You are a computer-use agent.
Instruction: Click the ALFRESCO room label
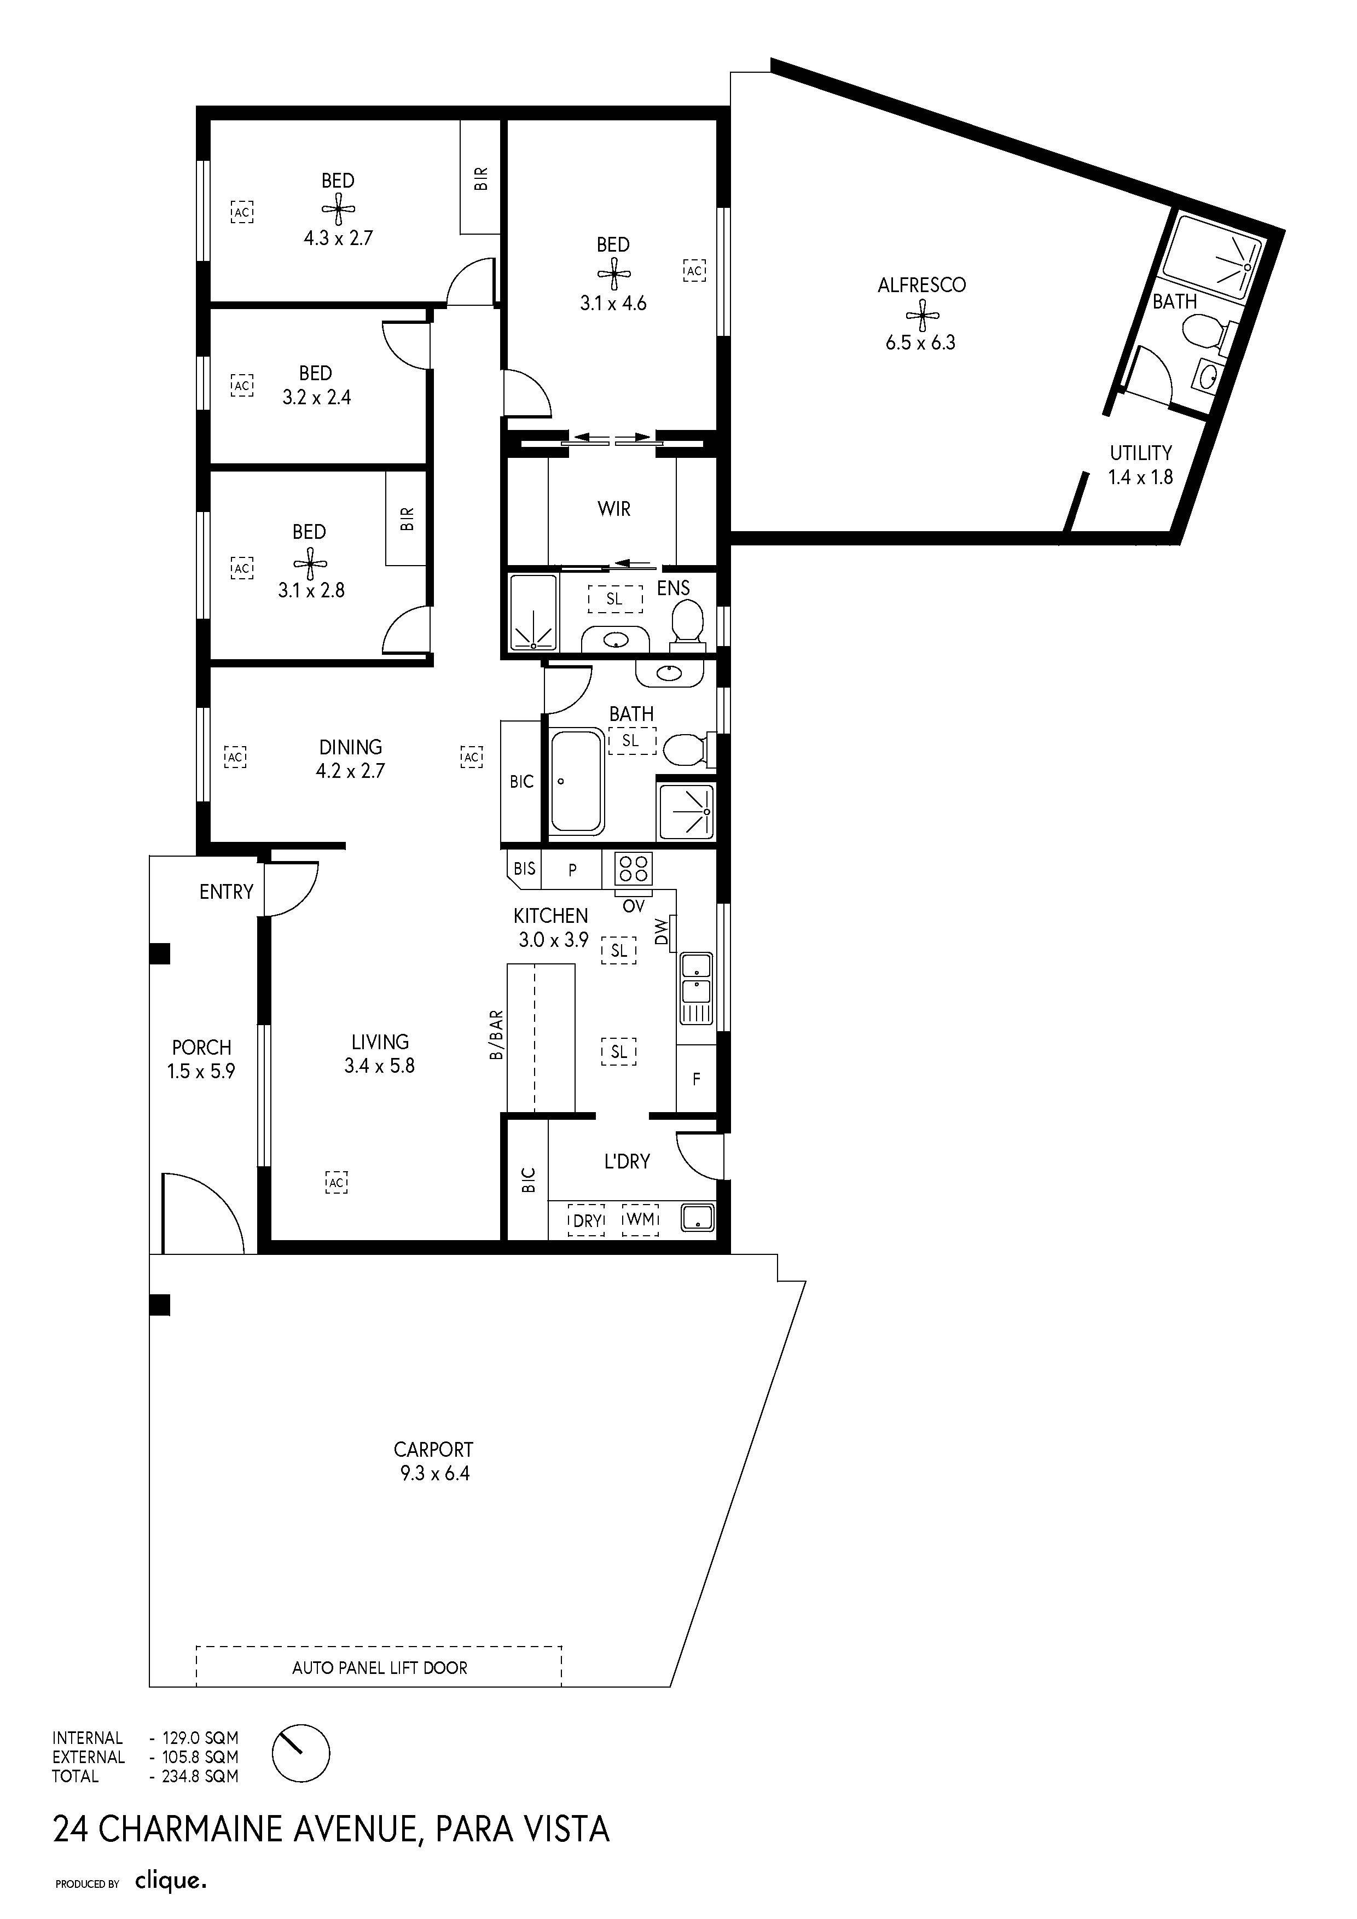[921, 285]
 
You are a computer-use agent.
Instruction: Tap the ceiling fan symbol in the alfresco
[922, 315]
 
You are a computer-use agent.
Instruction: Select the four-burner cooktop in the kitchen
[634, 869]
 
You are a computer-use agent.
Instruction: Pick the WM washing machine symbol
[640, 1219]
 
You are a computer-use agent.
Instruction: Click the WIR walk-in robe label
[614, 509]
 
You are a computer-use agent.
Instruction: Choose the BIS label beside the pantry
[524, 868]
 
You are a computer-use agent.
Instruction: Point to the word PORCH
[201, 1047]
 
